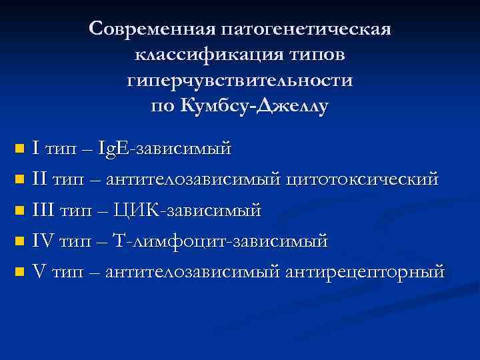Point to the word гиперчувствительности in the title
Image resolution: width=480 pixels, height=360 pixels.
tap(239, 81)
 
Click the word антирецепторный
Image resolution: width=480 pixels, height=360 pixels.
tap(364, 271)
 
